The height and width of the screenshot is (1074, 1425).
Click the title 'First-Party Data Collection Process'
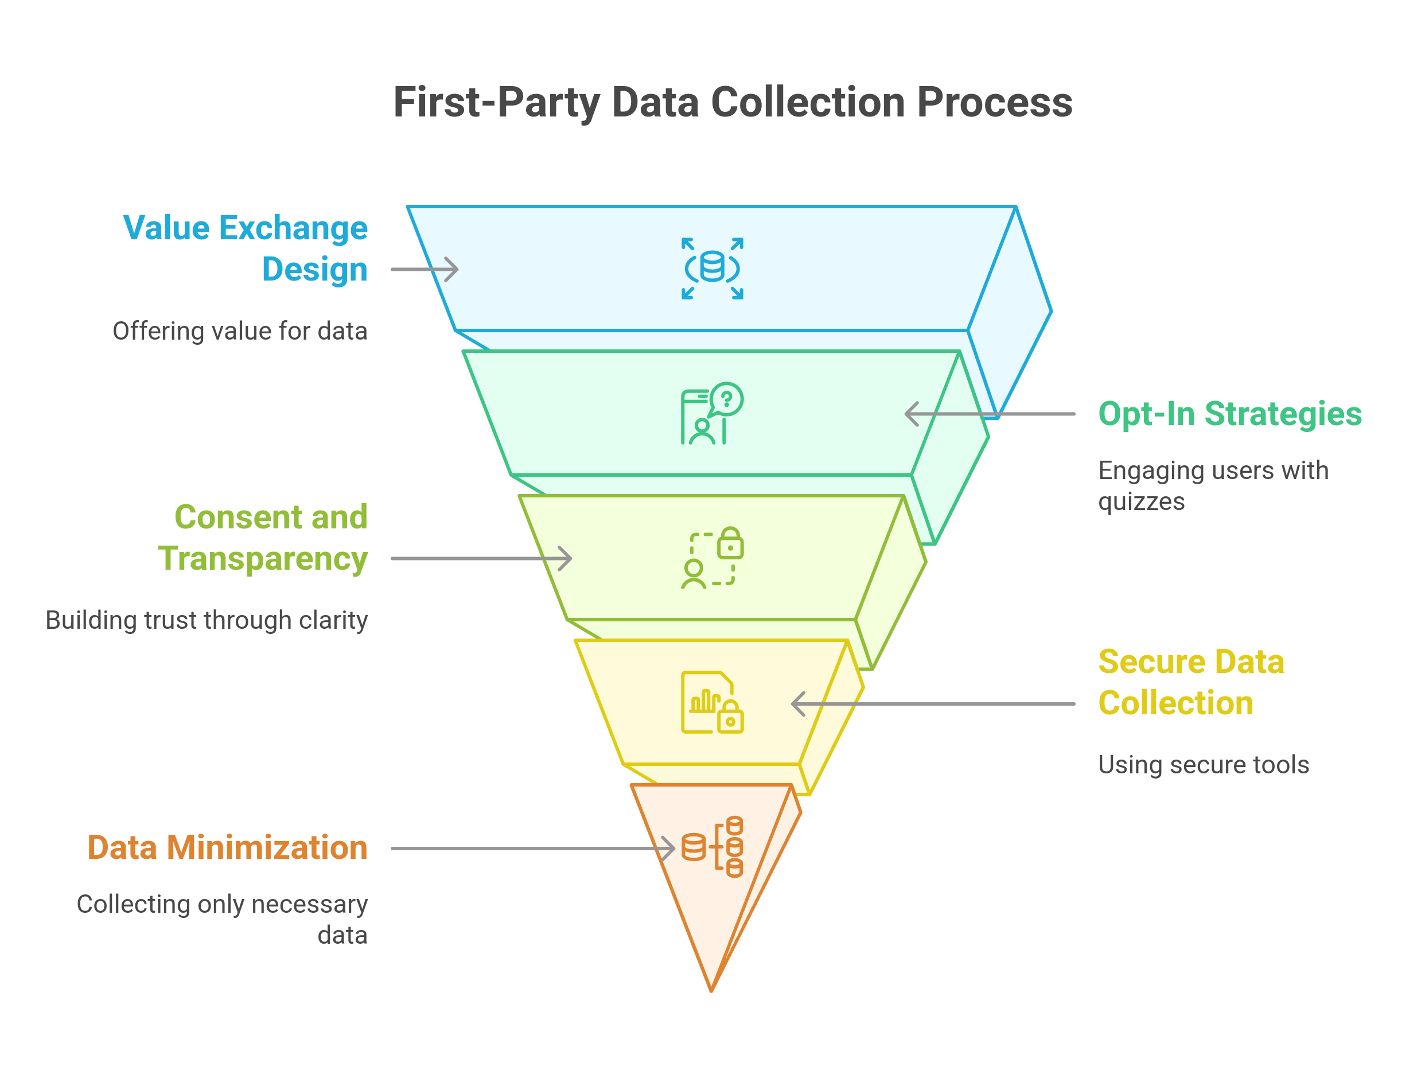(x=733, y=103)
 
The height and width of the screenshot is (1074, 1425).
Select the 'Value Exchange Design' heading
(x=245, y=248)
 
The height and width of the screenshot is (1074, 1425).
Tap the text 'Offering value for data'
(x=240, y=331)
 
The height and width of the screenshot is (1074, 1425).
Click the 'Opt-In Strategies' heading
(x=1230, y=414)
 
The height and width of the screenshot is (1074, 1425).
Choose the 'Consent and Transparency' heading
(x=263, y=538)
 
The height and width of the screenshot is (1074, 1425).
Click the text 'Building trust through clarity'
(x=207, y=620)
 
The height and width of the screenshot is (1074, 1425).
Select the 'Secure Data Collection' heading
(x=1190, y=682)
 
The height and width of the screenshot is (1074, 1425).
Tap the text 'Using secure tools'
(x=1204, y=765)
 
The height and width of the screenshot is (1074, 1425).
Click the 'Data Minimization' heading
(x=227, y=847)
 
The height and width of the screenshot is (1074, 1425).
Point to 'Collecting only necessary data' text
(x=222, y=919)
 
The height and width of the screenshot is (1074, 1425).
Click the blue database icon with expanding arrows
(x=712, y=268)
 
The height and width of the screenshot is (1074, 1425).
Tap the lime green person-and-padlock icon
(x=712, y=558)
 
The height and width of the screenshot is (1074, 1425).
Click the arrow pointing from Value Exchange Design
(x=425, y=269)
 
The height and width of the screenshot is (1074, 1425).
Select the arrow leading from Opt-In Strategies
(x=989, y=414)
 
